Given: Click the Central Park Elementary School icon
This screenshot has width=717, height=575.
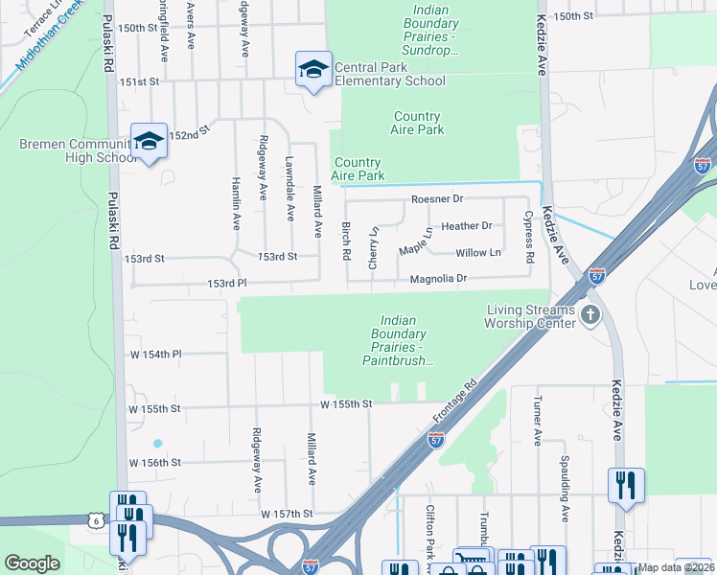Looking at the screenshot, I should [x=313, y=70].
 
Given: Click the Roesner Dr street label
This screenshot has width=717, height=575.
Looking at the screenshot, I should [x=436, y=199].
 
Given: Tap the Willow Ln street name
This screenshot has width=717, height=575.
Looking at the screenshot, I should [x=477, y=253].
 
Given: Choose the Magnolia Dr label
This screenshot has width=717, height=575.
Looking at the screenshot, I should [x=437, y=279].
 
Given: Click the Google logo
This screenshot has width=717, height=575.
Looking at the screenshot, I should [x=32, y=563].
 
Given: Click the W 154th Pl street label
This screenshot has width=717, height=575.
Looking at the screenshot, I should [x=154, y=355].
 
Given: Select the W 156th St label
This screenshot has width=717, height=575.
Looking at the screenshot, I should [x=154, y=463].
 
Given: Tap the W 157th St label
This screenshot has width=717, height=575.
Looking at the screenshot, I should [x=287, y=515].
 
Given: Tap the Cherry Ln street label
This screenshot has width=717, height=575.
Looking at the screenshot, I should [x=375, y=248].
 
